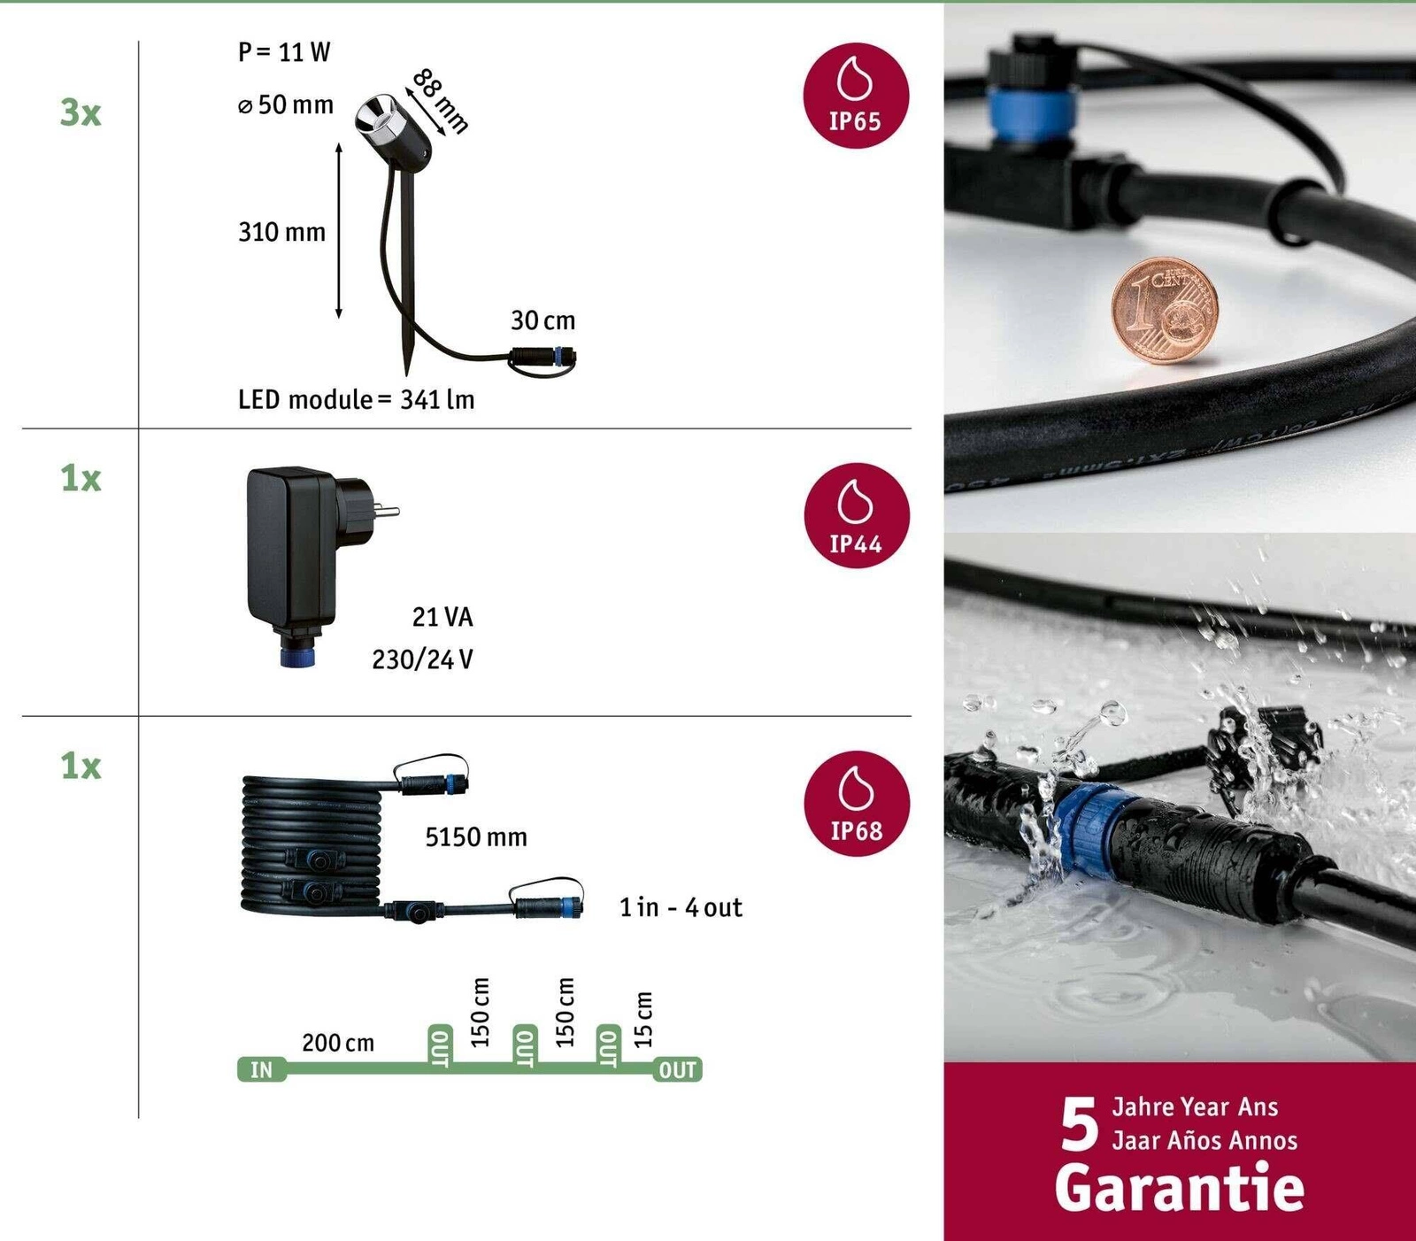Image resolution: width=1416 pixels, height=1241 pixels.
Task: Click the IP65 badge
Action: click(x=856, y=96)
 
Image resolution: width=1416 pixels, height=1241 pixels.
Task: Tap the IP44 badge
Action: click(x=856, y=515)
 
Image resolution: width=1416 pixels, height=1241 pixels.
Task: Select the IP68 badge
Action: click(x=856, y=804)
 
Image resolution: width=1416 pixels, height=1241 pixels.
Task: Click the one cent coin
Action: click(x=1164, y=311)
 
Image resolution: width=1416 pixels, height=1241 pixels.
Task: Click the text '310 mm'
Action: click(x=281, y=232)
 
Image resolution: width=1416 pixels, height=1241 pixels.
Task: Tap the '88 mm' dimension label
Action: click(x=440, y=101)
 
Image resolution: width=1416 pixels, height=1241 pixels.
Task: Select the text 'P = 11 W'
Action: click(x=283, y=52)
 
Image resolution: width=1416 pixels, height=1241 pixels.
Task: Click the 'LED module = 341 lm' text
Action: click(x=356, y=399)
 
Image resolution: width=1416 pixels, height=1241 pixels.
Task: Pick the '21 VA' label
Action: click(x=442, y=617)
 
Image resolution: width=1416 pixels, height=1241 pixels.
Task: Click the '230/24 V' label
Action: click(x=422, y=659)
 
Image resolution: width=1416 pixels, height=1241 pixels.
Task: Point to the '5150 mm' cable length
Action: click(x=475, y=837)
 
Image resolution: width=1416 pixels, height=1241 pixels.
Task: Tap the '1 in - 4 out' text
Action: click(x=681, y=907)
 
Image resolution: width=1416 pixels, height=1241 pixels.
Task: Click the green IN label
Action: click(x=261, y=1069)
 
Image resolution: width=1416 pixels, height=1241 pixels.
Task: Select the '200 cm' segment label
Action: click(x=338, y=1043)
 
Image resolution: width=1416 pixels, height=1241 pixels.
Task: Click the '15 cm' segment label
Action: click(x=643, y=1018)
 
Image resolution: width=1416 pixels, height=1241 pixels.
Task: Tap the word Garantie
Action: click(x=1179, y=1187)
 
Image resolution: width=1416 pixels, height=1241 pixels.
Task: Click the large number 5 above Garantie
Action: click(x=1079, y=1124)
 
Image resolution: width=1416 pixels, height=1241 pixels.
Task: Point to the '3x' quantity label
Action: click(x=81, y=112)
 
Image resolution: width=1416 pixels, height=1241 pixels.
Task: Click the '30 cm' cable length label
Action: click(x=543, y=320)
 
